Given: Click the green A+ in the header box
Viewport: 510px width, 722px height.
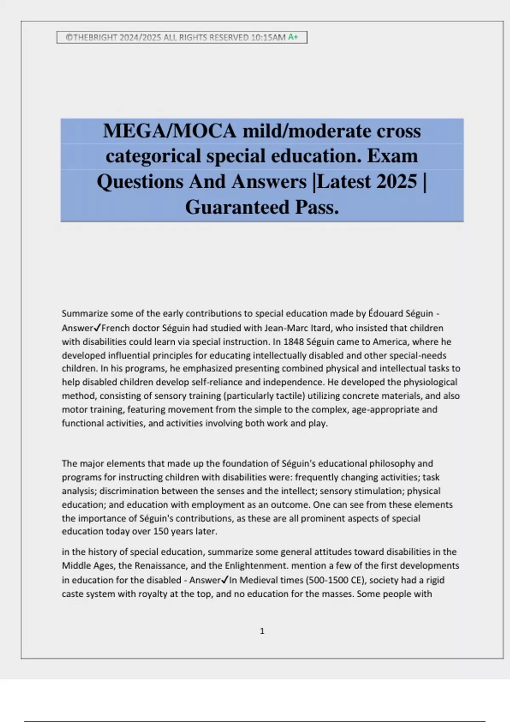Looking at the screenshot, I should (293, 37).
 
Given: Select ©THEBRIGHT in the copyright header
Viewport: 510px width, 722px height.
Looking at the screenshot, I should (91, 37).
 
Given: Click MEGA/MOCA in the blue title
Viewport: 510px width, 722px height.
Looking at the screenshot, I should (170, 131).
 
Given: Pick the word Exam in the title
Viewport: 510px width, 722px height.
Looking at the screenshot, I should (392, 156).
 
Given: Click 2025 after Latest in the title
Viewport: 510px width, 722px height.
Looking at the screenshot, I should (397, 182).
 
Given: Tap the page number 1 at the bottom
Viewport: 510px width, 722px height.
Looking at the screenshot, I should (262, 631).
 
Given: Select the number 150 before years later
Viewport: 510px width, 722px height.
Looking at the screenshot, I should (153, 531).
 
